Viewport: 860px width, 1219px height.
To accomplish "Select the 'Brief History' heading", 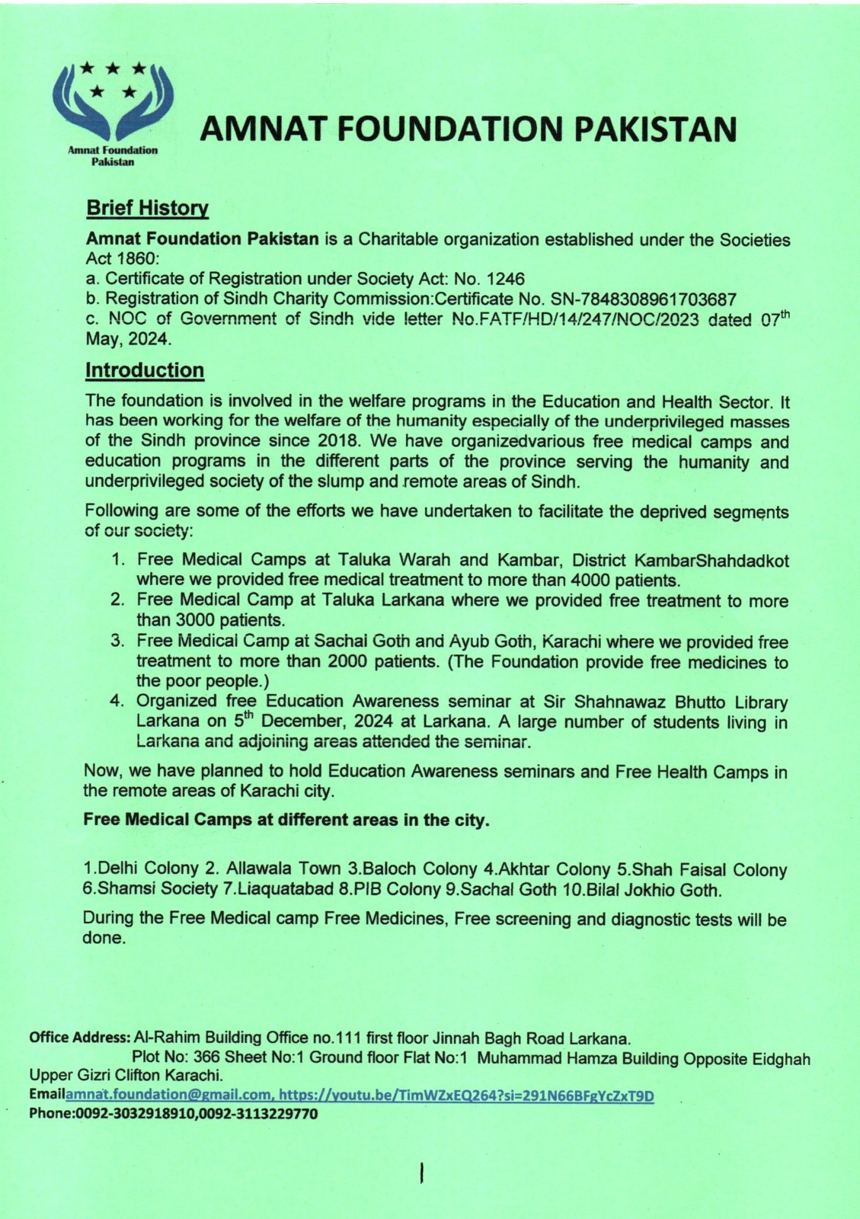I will (147, 207).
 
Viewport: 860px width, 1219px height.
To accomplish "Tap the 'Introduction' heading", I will (145, 370).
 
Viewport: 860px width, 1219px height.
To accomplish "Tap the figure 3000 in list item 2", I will (187, 619).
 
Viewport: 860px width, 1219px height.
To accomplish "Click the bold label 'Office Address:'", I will (79, 1038).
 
